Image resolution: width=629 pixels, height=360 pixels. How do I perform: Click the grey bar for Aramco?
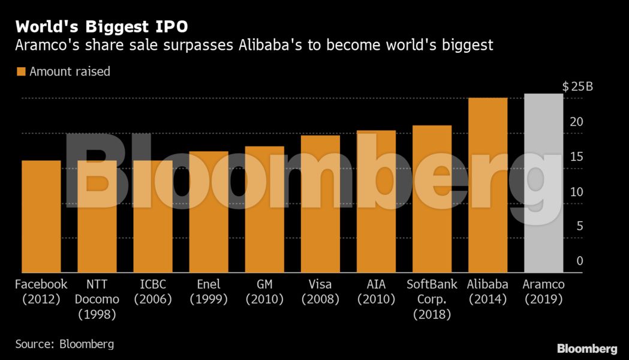[x=543, y=183]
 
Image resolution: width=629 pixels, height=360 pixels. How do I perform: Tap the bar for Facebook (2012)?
[x=41, y=216]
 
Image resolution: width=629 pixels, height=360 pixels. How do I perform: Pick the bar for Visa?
[x=320, y=204]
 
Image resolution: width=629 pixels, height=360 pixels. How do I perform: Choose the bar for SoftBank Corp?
[x=432, y=199]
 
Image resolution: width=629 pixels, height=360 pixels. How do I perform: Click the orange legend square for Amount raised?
[x=21, y=71]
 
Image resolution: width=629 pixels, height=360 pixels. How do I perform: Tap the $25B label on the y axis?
[x=577, y=86]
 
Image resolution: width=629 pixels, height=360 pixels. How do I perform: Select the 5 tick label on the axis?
[x=579, y=226]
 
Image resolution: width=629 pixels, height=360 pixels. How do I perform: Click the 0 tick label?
[x=579, y=261]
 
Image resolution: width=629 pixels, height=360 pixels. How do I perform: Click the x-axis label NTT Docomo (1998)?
[x=97, y=299]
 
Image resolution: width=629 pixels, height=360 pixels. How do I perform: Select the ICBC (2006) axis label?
[x=153, y=292]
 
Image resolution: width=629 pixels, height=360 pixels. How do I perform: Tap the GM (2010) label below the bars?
[x=264, y=292]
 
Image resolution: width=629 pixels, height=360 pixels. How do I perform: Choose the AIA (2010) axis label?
[x=376, y=292]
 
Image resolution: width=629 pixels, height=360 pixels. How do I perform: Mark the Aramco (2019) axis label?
[x=543, y=292]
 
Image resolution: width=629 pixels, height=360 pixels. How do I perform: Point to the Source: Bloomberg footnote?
[x=64, y=344]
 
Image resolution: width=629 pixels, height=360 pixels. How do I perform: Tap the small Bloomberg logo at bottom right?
[x=587, y=348]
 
